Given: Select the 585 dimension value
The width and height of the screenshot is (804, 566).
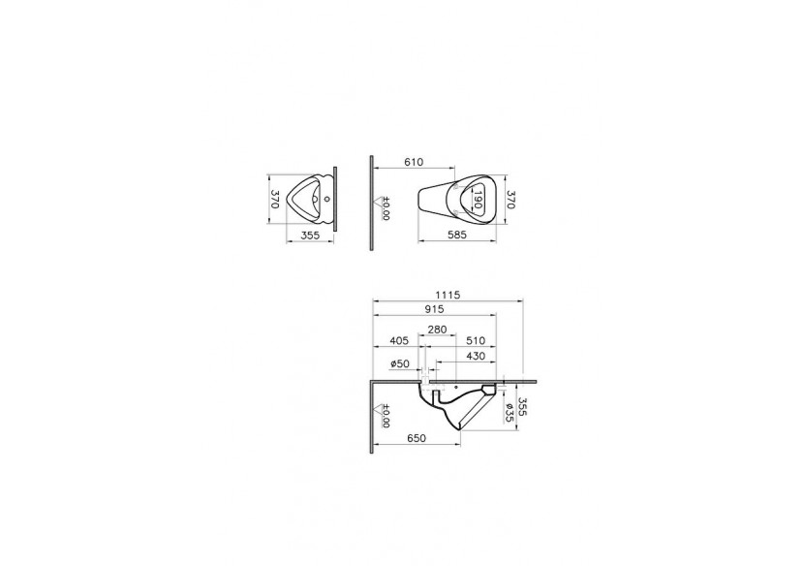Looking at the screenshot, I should pyautogui.click(x=460, y=235).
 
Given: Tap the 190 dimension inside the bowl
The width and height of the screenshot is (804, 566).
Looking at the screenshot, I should pyautogui.click(x=478, y=200).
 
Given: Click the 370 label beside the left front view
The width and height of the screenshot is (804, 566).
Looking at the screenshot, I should pyautogui.click(x=275, y=200).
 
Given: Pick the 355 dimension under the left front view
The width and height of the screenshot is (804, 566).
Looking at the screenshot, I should pyautogui.click(x=310, y=235).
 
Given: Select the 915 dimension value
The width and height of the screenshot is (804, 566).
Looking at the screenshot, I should pyautogui.click(x=432, y=310).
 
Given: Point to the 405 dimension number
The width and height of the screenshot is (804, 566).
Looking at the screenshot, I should pyautogui.click(x=398, y=341).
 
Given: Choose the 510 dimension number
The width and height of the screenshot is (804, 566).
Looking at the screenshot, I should pyautogui.click(x=476, y=341).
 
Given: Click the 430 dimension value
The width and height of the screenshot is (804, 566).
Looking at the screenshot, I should pyautogui.click(x=477, y=356).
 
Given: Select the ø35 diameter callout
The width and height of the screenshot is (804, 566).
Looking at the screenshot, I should pyautogui.click(x=510, y=412).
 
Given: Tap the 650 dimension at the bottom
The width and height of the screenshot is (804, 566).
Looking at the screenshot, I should pyautogui.click(x=416, y=439).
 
